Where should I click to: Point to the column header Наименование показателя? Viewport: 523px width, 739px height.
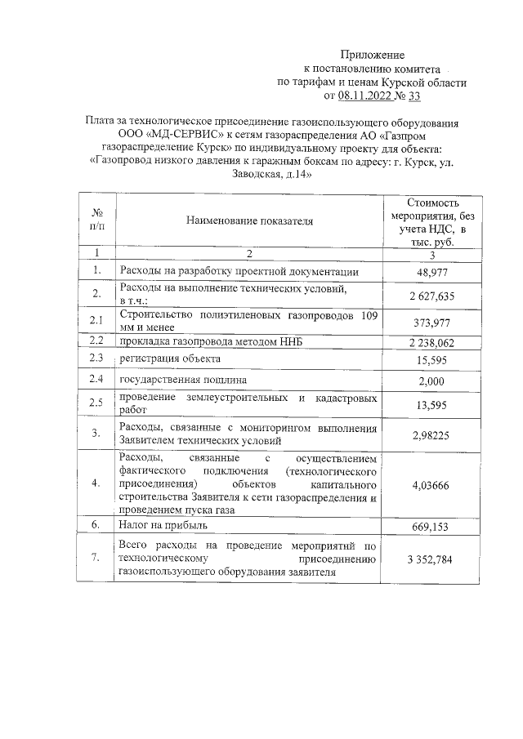tap(249, 220)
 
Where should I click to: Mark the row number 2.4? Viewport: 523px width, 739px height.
tap(96, 381)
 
